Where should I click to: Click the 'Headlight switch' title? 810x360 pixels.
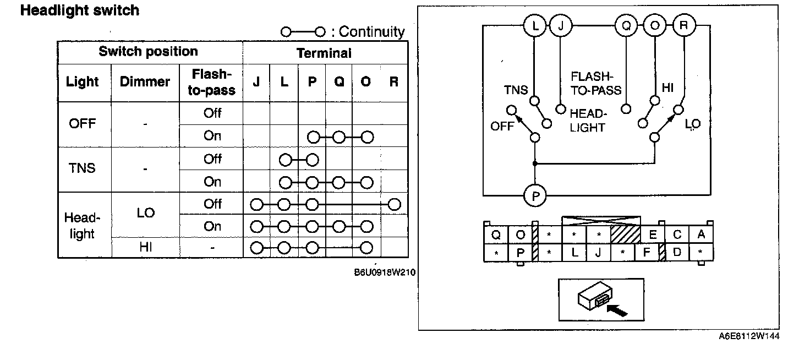point(80,10)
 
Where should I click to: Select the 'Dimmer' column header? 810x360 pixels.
point(145,82)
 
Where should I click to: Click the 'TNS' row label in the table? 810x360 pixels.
point(83,168)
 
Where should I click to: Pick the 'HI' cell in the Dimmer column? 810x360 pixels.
point(145,248)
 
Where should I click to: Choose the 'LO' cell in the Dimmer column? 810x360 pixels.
point(145,213)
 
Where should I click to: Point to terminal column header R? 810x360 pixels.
point(393,82)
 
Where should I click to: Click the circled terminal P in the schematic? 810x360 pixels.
point(534,195)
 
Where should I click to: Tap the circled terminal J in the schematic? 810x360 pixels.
point(561,26)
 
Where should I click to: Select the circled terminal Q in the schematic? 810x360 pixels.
point(626,26)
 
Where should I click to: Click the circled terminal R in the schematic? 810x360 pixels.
point(684,26)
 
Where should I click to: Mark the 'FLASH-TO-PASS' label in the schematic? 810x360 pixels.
point(596,83)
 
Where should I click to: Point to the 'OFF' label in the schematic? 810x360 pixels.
point(502,127)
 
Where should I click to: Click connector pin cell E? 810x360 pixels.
point(653,235)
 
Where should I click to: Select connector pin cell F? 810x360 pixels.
point(647,253)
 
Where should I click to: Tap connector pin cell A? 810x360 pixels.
point(701,235)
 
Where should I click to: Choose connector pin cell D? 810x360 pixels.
point(677,253)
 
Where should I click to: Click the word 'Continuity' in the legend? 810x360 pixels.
point(371,32)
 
